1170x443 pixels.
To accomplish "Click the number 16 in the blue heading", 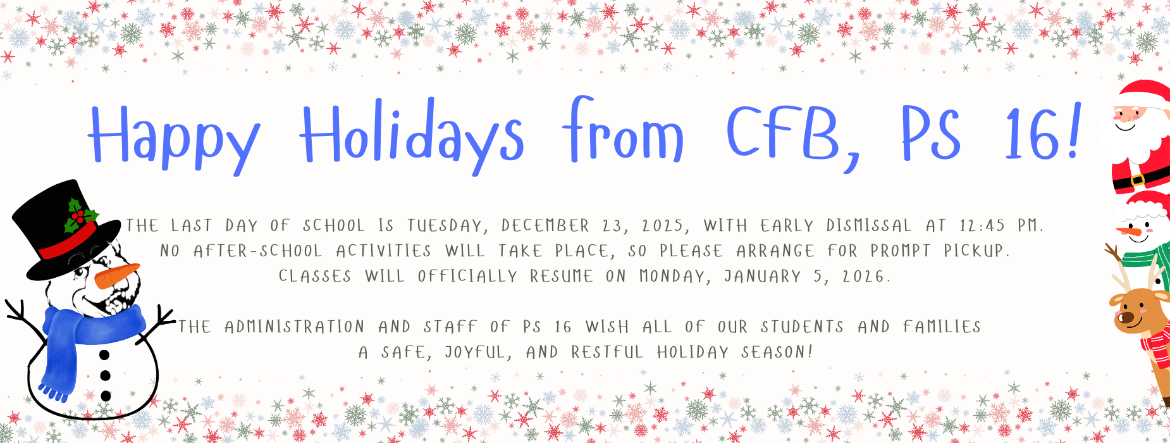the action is tap(1031, 134).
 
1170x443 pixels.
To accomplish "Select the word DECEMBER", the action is tap(545, 226).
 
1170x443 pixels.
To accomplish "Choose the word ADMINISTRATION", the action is tap(295, 327).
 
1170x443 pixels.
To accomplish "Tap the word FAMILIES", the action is tap(942, 327).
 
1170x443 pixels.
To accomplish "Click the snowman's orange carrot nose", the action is tap(116, 275).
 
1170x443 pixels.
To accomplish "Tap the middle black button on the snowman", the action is tap(105, 376).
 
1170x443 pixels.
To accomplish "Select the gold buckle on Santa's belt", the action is tap(1136, 180).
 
